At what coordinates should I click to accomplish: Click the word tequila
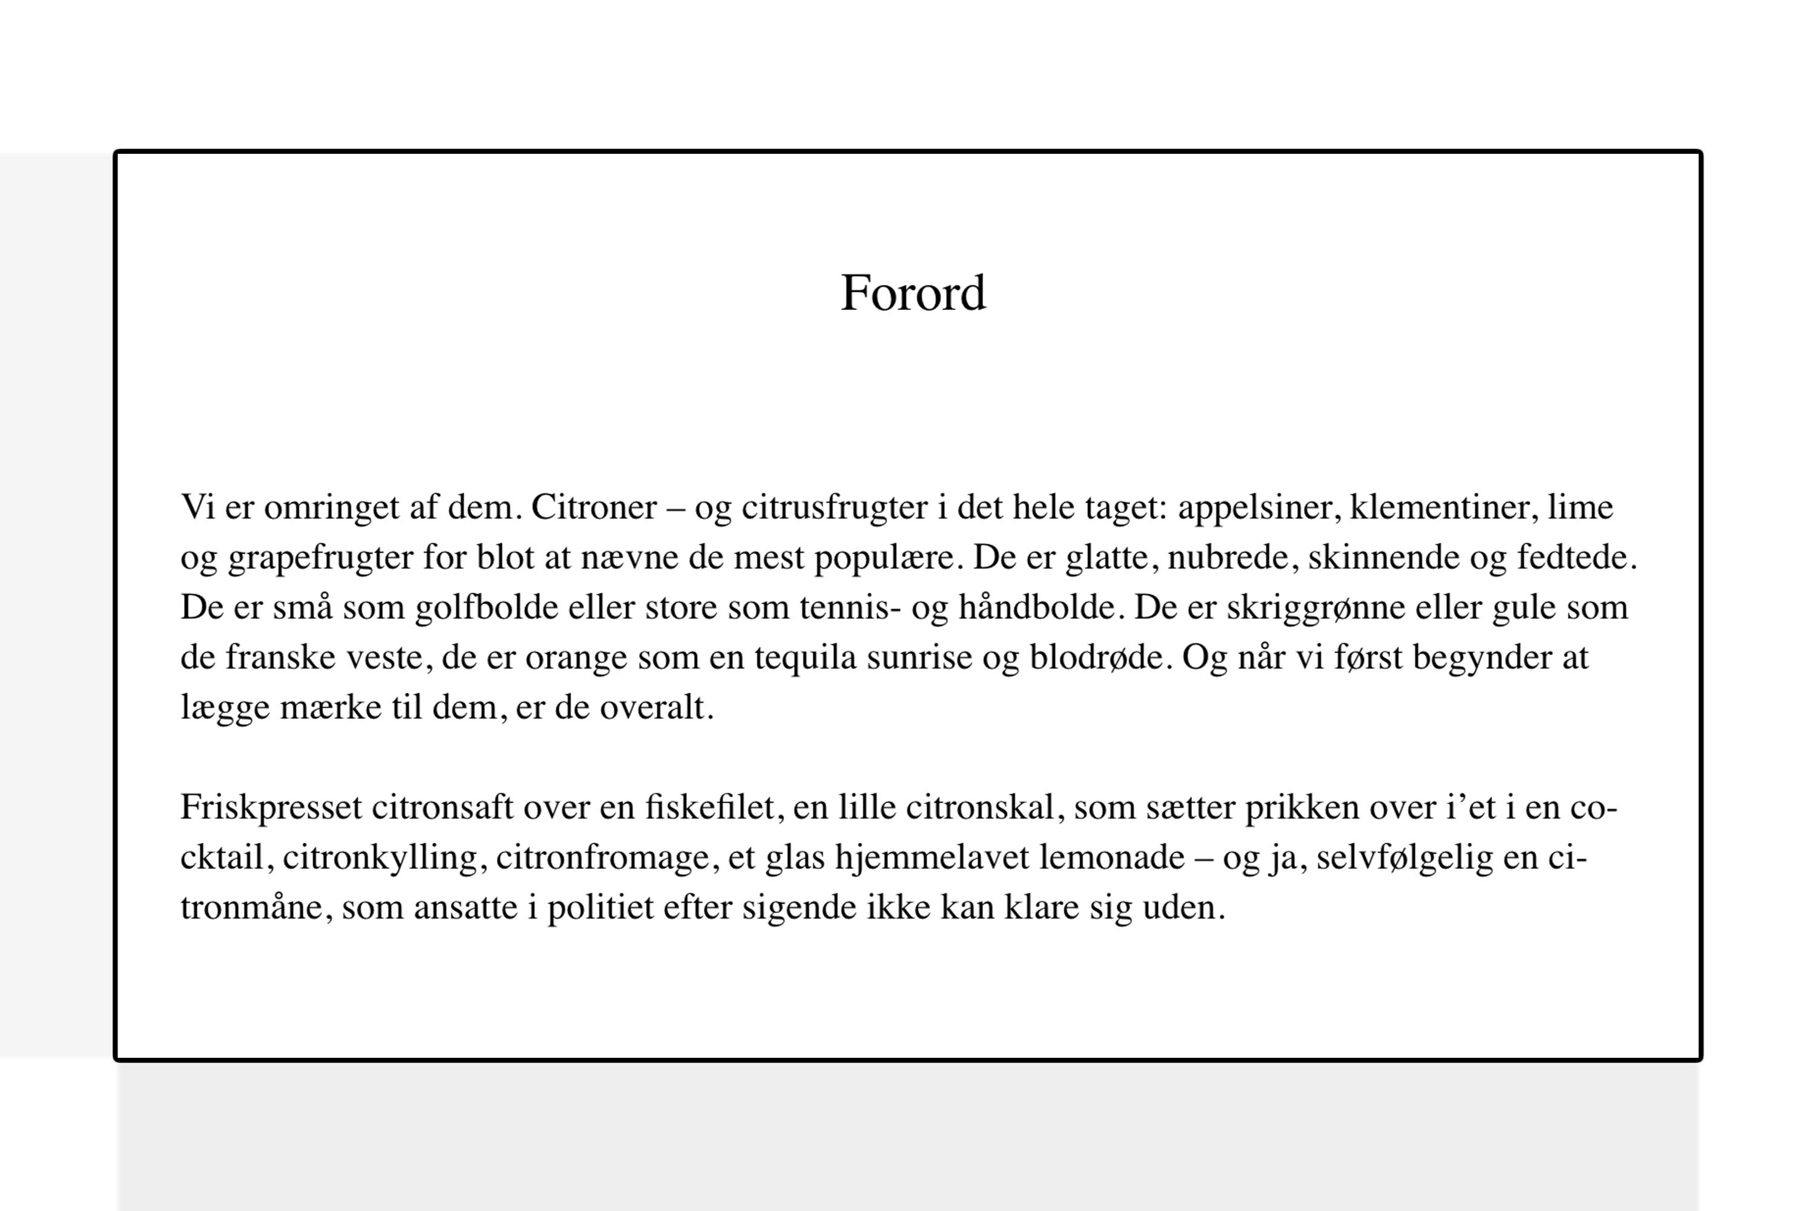[806, 658]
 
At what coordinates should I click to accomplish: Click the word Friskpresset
[271, 808]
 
